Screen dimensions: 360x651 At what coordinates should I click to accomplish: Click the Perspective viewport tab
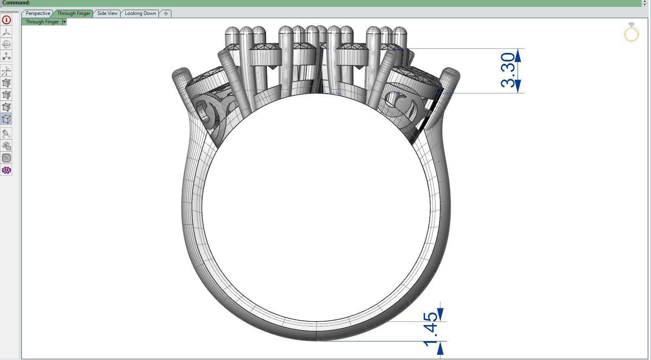point(38,13)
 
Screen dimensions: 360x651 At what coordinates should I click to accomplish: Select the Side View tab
point(107,13)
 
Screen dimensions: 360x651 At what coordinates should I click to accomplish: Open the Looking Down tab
point(140,13)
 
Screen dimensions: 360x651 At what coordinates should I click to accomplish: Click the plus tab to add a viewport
point(166,13)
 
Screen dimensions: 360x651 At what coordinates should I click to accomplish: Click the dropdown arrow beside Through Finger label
point(64,22)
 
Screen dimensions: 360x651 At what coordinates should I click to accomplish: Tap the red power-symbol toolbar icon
point(6,20)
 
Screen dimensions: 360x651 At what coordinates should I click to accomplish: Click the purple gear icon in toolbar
point(6,170)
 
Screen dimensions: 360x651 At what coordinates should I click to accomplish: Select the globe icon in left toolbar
point(6,44)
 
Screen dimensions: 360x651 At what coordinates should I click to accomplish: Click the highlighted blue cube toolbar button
point(6,119)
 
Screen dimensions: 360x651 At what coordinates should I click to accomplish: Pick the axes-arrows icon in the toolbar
point(6,71)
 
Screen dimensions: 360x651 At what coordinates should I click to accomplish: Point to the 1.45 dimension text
point(431,328)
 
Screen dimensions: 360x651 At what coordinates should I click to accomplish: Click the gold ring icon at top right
point(631,34)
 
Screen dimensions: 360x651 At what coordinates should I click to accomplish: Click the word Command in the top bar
point(16,3)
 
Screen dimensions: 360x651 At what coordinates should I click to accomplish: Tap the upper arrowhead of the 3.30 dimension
point(518,55)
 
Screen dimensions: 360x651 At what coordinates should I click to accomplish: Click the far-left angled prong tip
point(181,74)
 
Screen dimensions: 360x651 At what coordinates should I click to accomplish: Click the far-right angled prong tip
point(451,74)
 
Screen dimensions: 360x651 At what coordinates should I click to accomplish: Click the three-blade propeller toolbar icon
point(6,32)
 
